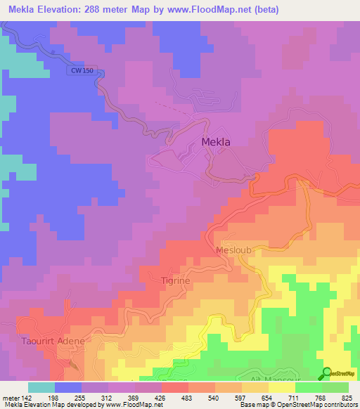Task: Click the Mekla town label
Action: click(216, 141)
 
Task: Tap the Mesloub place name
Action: click(233, 249)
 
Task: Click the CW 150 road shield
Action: click(82, 71)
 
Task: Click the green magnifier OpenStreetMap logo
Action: click(326, 373)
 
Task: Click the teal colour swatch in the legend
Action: click(41, 387)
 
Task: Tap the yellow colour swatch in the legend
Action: click(282, 387)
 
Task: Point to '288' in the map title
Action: click(90, 10)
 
